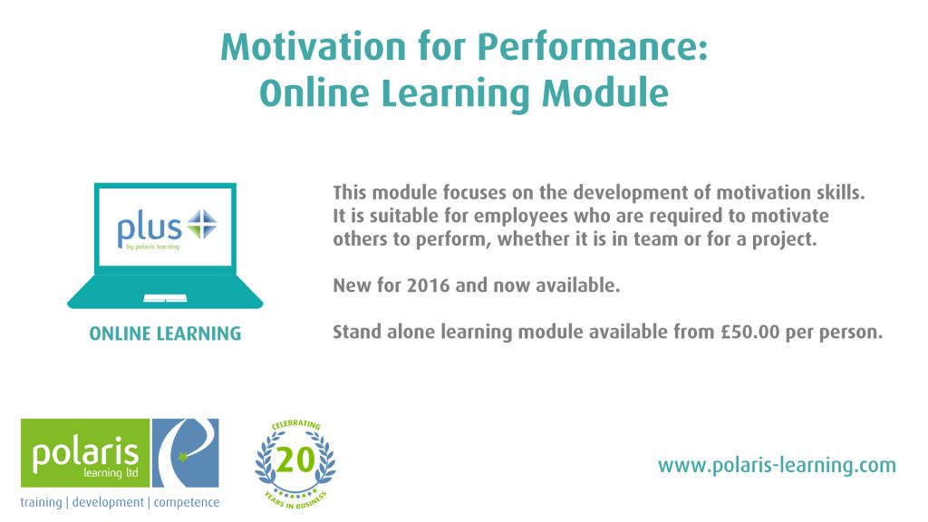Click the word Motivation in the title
tap(313, 46)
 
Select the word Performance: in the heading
tap(593, 48)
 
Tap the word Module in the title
tap(605, 93)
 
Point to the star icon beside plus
tap(202, 225)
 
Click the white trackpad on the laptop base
tap(165, 297)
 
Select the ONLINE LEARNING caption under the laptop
tap(165, 333)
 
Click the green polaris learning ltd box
tap(85, 453)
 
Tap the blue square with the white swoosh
tap(186, 453)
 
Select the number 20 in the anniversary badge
tap(295, 459)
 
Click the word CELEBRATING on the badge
tap(296, 425)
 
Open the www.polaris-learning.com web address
tap(777, 465)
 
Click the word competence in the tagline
tap(187, 502)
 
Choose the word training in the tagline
tap(41, 502)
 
